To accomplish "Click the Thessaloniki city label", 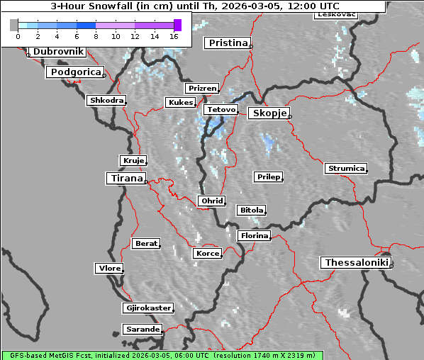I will (x=357, y=263).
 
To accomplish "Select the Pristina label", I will (x=228, y=43).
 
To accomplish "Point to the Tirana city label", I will (x=125, y=179).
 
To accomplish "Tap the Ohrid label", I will (x=212, y=201).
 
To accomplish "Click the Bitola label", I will (x=251, y=210).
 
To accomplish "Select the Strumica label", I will (x=346, y=169).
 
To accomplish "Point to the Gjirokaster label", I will (x=147, y=308).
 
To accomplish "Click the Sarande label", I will (x=142, y=330).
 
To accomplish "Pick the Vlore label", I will (x=109, y=269).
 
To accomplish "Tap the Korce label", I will (x=207, y=254).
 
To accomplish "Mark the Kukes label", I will (x=180, y=103).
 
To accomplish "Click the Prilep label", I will (x=268, y=176).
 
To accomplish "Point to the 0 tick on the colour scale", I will (x=18, y=35).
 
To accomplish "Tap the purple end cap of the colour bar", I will (x=177, y=25).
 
